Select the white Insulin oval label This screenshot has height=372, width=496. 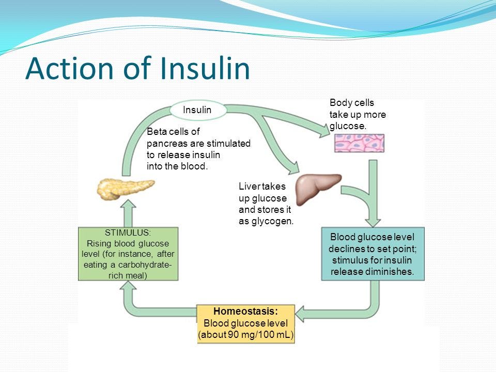(x=197, y=110)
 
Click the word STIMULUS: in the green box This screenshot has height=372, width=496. (x=128, y=233)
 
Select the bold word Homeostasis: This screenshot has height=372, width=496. (x=246, y=311)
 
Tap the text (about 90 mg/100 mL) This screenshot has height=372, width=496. (x=246, y=335)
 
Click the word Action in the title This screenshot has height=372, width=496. (x=62, y=69)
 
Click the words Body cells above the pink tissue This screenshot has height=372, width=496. (x=352, y=103)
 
